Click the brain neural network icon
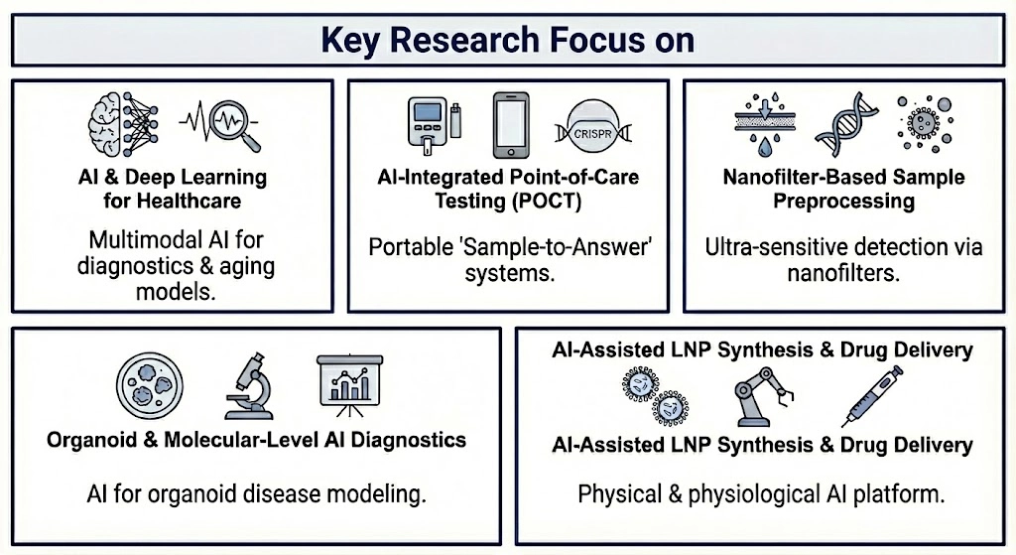pos(123,124)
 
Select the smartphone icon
pos(511,125)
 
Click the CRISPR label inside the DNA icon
pos(592,134)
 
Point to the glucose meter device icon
pos(428,126)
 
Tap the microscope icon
pos(249,386)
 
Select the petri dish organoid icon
pos(150,386)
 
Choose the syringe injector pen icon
pos(871,395)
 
